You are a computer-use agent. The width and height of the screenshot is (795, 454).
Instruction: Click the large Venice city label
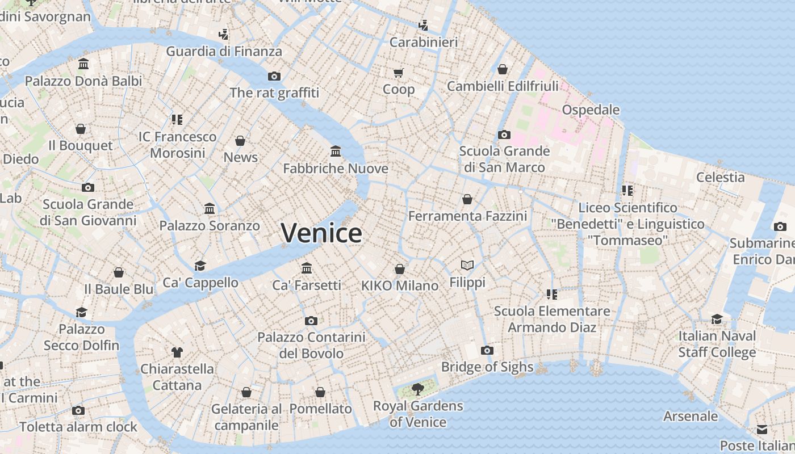pos(321,233)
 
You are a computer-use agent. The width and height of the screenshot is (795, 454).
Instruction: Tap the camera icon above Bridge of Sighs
pos(487,350)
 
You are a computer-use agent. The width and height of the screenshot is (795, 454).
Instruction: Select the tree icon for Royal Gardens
pos(418,389)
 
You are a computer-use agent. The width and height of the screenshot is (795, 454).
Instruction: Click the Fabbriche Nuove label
pos(336,169)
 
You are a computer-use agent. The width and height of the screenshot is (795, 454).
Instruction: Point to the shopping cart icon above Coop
pos(398,73)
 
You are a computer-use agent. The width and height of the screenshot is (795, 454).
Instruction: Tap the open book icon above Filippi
pos(467,265)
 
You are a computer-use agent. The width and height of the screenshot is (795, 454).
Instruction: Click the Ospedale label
pos(591,110)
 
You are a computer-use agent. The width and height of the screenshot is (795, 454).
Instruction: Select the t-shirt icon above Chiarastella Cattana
pos(177,352)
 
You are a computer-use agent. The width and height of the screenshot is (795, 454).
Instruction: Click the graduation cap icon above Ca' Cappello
pos(200,266)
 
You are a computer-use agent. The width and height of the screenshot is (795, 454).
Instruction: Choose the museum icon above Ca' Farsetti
pos(307,268)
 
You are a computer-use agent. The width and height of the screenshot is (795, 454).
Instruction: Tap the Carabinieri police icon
pos(423,25)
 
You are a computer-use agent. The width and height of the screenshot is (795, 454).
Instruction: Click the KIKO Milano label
pos(400,285)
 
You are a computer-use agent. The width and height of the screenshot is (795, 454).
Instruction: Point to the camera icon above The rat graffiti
pos(274,76)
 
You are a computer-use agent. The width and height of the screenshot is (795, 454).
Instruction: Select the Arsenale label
pos(691,416)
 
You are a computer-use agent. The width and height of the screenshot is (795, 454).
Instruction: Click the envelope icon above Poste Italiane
pos(761,429)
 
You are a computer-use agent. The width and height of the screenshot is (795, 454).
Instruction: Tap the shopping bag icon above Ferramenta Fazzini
pos(467,199)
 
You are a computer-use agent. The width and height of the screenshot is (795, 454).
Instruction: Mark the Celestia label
pos(720,177)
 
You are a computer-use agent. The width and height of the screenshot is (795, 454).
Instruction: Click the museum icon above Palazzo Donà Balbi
pos(83,64)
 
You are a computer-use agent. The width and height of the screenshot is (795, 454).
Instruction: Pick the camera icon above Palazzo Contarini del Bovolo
pos(311,321)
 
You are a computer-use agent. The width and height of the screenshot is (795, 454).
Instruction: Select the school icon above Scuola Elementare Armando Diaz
pos(551,294)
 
